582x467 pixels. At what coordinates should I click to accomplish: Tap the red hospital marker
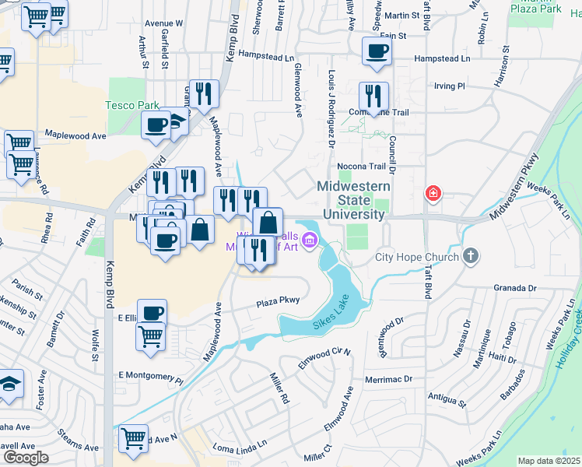coord(433,193)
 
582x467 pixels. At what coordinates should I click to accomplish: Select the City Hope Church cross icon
coord(471,255)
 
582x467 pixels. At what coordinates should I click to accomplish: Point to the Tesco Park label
coord(132,105)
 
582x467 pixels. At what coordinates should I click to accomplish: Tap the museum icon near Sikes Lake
coord(310,241)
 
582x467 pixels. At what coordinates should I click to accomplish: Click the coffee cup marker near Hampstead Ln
coord(377,51)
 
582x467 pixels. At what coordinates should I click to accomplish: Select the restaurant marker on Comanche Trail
coord(373,97)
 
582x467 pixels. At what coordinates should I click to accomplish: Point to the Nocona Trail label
coord(361,167)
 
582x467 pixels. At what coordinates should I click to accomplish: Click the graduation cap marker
coord(9,384)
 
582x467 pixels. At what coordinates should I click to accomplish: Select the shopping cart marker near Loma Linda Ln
coord(133,438)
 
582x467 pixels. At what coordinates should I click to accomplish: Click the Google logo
coord(25,458)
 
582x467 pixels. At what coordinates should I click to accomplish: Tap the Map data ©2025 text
coord(549,461)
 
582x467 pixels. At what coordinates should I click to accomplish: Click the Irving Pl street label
coord(449,86)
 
